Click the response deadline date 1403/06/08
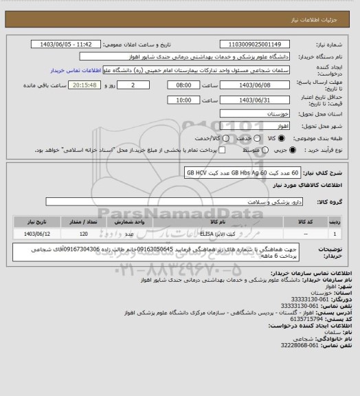[251, 85]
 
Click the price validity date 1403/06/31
[251, 99]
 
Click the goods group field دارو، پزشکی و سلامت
[178, 202]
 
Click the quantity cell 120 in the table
[82, 234]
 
